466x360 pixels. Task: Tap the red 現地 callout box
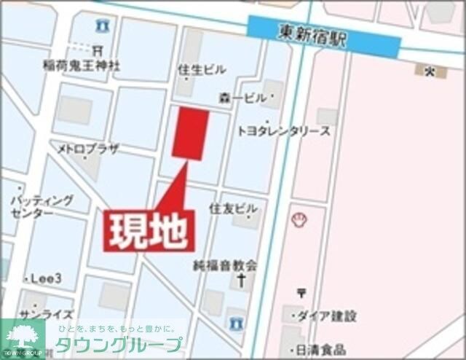(149, 231)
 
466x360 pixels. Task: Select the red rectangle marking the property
(190, 133)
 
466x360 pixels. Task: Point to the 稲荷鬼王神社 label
(82, 66)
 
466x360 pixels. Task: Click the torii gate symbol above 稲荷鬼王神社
(98, 50)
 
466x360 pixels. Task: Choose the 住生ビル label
(202, 69)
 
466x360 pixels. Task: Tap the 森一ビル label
(242, 97)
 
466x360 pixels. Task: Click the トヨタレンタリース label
(284, 131)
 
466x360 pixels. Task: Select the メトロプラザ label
(89, 149)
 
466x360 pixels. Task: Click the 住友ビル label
(229, 208)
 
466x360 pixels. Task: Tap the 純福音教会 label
(225, 265)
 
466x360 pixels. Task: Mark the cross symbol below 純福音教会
(241, 280)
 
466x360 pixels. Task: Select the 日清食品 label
(320, 350)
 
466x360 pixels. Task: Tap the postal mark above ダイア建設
(301, 293)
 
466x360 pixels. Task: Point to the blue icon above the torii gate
(103, 26)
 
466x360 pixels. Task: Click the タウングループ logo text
(120, 345)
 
